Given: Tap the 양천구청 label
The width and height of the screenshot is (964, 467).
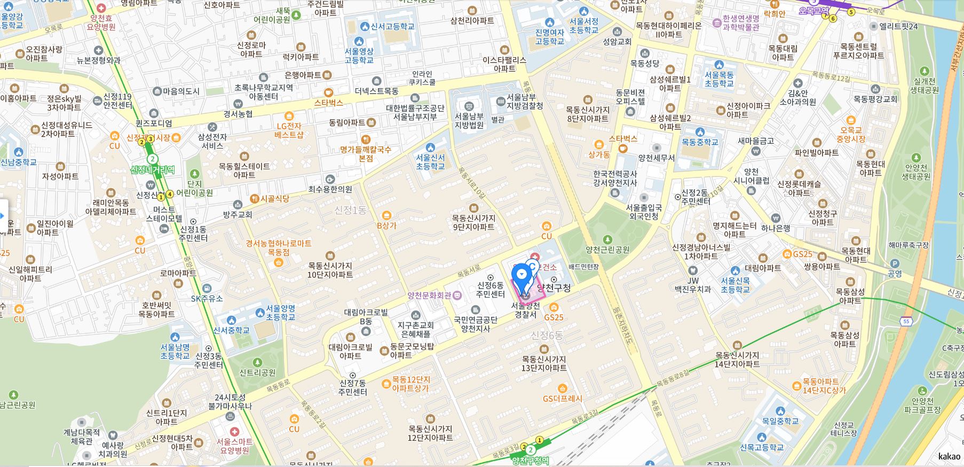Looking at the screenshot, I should (554, 288).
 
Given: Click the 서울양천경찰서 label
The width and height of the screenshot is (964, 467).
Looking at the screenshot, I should (525, 310).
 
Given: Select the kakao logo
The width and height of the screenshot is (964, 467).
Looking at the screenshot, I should (949, 456).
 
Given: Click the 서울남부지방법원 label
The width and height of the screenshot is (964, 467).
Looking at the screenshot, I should (469, 121).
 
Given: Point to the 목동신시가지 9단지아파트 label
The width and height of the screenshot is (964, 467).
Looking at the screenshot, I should (473, 222).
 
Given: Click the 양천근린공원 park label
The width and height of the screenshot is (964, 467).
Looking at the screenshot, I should (607, 250).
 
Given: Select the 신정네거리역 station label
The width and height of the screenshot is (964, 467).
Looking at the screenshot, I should (153, 169).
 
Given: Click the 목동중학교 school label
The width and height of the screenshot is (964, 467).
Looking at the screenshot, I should (700, 142).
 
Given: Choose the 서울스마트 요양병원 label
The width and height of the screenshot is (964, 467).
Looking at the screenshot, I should (234, 446).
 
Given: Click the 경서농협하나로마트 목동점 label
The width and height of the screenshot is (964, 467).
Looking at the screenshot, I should (278, 247).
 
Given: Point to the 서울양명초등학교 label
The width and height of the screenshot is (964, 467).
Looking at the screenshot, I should (280, 313).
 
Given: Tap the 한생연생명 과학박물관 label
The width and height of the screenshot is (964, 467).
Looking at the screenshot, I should (740, 22).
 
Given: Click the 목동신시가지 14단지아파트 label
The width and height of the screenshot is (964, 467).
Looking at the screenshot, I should (737, 359).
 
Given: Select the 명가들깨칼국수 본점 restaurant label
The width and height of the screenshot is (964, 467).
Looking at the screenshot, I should (366, 154).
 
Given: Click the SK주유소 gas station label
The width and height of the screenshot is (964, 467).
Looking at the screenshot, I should (207, 298).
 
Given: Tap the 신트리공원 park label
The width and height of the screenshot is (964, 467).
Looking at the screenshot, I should (257, 372).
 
